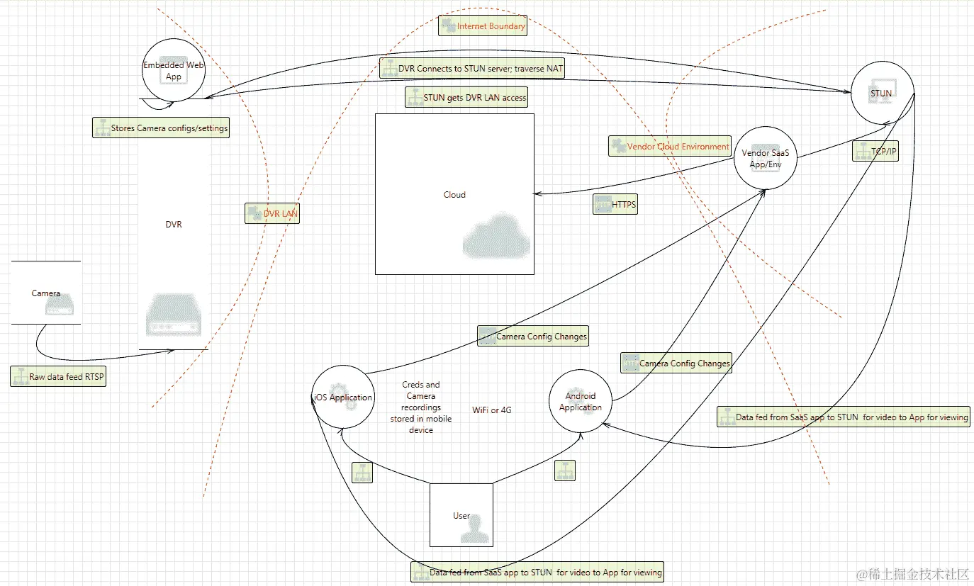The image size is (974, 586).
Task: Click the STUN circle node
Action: [x=882, y=92]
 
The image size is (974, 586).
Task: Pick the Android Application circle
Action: [x=580, y=402]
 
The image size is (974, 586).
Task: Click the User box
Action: [x=461, y=515]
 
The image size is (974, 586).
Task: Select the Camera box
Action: [x=46, y=293]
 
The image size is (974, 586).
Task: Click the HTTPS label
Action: [x=616, y=205]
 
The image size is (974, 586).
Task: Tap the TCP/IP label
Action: [x=875, y=151]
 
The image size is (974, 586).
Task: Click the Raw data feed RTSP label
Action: [x=59, y=377]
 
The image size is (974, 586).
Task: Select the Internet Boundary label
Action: [x=483, y=26]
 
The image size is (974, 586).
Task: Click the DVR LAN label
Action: [x=272, y=213]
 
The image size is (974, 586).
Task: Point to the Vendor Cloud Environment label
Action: [x=670, y=147]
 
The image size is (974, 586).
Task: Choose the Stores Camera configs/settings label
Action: [x=161, y=128]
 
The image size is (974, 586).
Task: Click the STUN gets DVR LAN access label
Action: [x=466, y=98]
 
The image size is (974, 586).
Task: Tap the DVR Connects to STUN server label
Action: [x=472, y=68]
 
